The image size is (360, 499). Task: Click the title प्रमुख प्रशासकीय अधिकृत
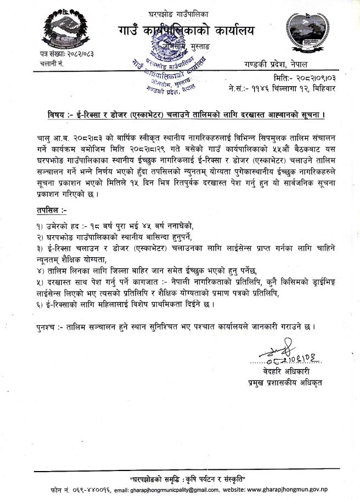coord(284,382)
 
